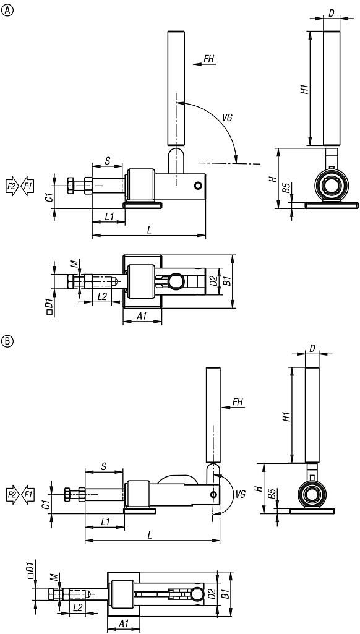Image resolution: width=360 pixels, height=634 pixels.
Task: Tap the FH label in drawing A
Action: coord(208,59)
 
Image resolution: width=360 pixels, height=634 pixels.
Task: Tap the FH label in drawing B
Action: coord(238,402)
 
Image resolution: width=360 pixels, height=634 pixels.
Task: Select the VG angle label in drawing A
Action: coord(228,118)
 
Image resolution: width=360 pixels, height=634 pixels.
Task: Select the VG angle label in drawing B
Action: coord(240,494)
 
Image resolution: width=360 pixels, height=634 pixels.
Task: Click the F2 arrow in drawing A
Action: coord(12,186)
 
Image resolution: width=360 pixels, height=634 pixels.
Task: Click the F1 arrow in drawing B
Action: coord(27,494)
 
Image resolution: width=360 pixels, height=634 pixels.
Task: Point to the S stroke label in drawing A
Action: coord(107,161)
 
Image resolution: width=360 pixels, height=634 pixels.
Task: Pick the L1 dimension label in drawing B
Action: coord(105,521)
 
